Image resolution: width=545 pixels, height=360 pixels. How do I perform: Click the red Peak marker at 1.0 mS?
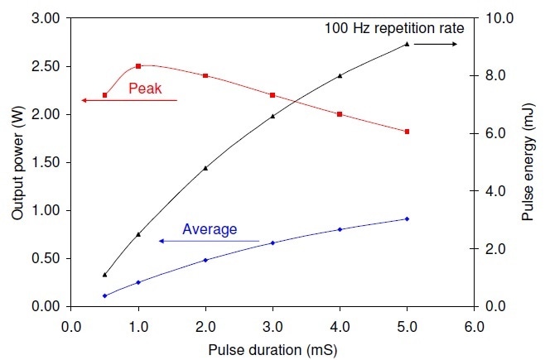point(138,65)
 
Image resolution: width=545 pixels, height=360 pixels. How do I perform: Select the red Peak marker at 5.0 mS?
point(407,132)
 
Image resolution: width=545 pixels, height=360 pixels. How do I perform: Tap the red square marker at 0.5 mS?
point(105,95)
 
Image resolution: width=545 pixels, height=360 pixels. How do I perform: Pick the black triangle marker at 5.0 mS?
point(407,44)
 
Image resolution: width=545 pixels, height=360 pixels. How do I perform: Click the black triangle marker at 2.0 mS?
point(205,168)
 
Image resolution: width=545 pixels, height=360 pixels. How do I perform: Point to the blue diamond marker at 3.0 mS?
point(272,242)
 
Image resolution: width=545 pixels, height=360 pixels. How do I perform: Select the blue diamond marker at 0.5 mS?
point(105,295)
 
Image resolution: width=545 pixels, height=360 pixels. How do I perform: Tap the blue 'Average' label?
point(210,229)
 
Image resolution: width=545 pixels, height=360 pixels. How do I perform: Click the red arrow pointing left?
point(128,100)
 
